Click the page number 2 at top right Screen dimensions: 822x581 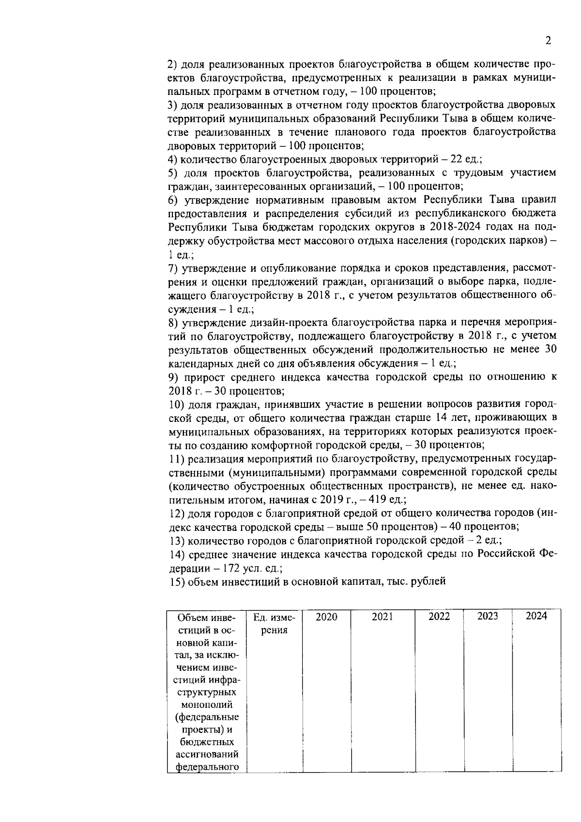pos(548,41)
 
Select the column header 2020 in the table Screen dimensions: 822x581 pos(326,617)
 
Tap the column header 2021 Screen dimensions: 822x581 pos(382,617)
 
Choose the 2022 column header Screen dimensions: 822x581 pos(439,617)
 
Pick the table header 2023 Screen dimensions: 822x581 pos(488,616)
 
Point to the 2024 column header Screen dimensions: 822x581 pos(536,616)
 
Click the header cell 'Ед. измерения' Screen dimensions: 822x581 pos(274,623)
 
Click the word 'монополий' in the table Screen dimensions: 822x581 pos(207,704)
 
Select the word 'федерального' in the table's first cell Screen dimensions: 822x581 pos(207,767)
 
